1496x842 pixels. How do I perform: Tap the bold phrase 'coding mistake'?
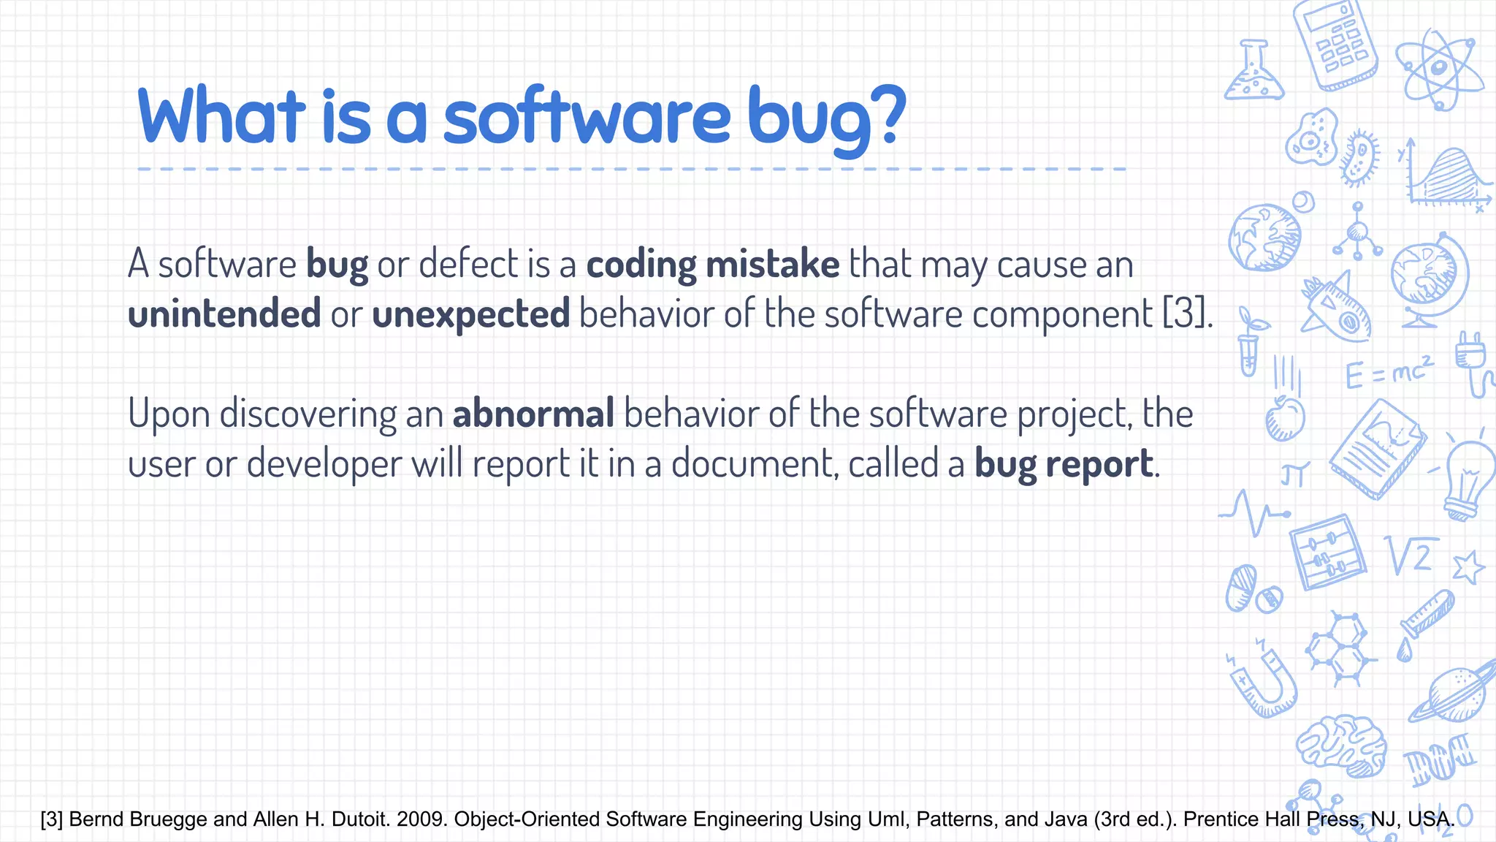click(712, 265)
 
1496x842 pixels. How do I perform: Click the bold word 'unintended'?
click(224, 314)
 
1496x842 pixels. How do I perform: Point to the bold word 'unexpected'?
click(470, 314)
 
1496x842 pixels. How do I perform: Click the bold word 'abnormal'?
click(533, 414)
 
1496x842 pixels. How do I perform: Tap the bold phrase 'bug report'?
click(1065, 464)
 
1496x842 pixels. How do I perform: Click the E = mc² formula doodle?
click(1388, 373)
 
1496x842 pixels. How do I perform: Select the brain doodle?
click(1343, 746)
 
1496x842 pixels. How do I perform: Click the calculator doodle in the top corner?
click(1335, 45)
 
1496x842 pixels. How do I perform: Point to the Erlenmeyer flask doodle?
click(1253, 73)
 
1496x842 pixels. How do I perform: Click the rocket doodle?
click(1337, 311)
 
